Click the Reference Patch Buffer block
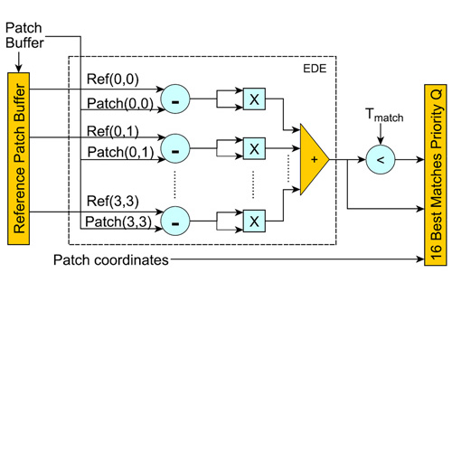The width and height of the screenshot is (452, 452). tap(18, 158)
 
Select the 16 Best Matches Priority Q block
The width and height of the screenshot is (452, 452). tap(436, 175)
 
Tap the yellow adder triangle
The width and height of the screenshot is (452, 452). tap(315, 159)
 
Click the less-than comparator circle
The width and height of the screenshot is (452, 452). tap(381, 160)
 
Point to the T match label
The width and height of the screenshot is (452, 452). tap(384, 115)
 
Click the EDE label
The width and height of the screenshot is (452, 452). tap(315, 69)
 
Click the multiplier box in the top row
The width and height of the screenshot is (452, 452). tap(254, 99)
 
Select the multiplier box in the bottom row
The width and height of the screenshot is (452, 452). tap(254, 221)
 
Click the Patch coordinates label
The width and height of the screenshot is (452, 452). tap(111, 260)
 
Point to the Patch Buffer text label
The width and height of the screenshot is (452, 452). tap(24, 35)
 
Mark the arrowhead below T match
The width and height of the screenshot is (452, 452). tap(381, 140)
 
